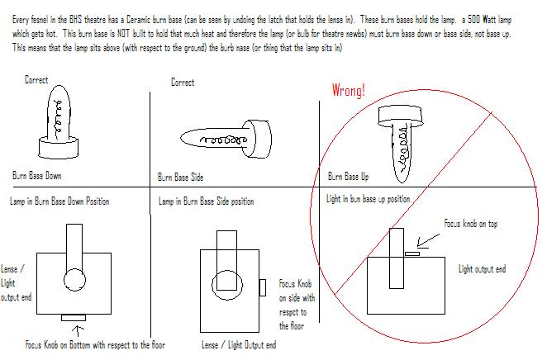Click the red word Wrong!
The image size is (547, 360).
[348, 90]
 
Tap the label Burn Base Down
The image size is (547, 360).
[37, 175]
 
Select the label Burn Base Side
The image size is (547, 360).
[180, 177]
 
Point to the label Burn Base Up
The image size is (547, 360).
[348, 177]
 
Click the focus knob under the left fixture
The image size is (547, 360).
[74, 318]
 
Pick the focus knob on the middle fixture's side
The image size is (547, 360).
[262, 288]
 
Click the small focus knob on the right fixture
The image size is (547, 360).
[412, 254]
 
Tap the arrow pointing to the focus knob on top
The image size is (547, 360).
[428, 241]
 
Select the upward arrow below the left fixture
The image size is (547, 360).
[78, 331]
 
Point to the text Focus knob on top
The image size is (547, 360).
[471, 224]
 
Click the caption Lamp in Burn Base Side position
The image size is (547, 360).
[207, 201]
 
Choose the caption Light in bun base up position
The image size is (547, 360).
[368, 199]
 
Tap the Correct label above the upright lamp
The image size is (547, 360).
[36, 80]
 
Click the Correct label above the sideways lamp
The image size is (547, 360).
[183, 83]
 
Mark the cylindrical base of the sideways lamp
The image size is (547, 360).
[258, 139]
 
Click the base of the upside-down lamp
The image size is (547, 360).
[401, 115]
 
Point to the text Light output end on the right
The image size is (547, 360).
[482, 268]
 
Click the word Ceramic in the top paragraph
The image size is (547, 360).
[138, 20]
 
